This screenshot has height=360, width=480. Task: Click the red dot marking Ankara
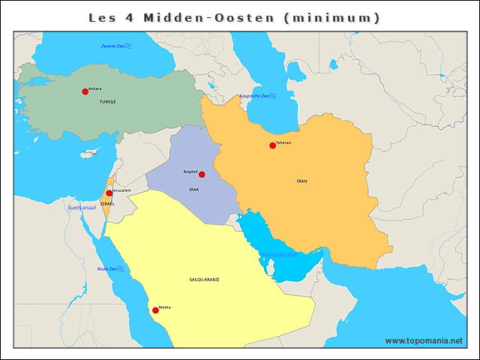[x=85, y=91]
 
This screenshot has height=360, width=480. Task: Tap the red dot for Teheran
[x=272, y=145]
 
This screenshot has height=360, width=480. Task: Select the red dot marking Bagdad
[x=202, y=174]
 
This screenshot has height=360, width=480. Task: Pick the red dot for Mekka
[x=155, y=310]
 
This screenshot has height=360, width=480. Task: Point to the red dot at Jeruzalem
[x=109, y=193]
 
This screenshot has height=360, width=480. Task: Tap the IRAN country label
[x=301, y=181]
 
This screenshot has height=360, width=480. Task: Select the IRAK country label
[x=193, y=190]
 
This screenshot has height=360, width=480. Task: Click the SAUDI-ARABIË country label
[x=204, y=278]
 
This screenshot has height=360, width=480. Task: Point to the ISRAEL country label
[x=107, y=204]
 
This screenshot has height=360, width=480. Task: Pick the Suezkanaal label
[x=82, y=207]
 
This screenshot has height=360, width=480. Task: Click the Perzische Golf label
[x=280, y=254]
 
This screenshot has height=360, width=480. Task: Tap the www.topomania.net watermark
[x=424, y=341]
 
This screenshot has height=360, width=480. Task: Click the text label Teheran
[x=283, y=142]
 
